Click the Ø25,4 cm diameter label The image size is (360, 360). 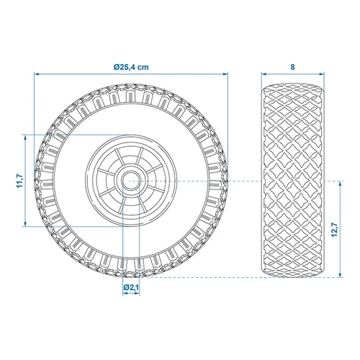click(x=131, y=66)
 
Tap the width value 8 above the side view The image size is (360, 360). click(x=292, y=66)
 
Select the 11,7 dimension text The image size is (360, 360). click(x=19, y=180)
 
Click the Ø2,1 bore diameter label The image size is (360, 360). click(x=131, y=288)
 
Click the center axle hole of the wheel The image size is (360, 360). click(x=131, y=179)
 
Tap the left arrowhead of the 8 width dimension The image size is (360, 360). click(x=263, y=73)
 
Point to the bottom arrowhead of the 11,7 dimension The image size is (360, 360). click(x=27, y=224)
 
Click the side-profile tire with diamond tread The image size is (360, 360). click(x=292, y=179)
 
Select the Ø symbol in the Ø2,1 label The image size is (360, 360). click(x=125, y=288)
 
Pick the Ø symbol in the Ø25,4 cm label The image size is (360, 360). click(x=117, y=66)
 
